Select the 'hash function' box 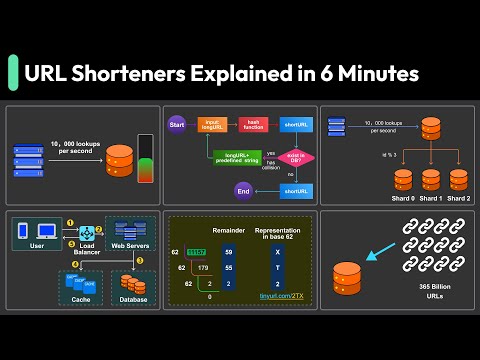point(252,125)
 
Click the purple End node point(242,190)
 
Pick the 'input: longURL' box point(211,125)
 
